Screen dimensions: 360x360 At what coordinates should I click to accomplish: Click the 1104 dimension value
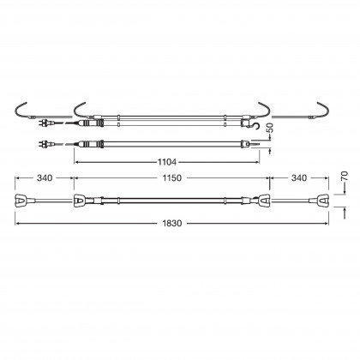(167, 162)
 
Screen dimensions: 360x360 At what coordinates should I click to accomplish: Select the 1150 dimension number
(171, 178)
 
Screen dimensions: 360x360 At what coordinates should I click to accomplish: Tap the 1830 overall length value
(172, 223)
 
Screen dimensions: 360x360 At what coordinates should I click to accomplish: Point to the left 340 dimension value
(45, 178)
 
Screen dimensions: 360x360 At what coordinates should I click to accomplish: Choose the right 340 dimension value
(299, 178)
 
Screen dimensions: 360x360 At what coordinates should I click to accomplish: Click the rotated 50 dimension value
(270, 128)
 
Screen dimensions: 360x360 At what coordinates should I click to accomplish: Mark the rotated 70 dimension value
(345, 176)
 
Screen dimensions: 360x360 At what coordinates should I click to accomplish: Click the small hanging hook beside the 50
(257, 125)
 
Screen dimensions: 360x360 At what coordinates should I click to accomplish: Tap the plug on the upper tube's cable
(45, 123)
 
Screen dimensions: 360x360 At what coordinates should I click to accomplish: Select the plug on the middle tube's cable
(45, 143)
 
